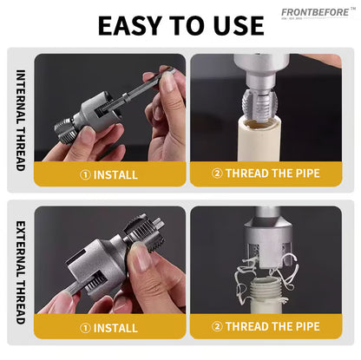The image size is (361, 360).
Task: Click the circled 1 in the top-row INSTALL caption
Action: pyautogui.click(x=85, y=174)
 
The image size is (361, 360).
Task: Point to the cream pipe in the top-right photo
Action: pyautogui.click(x=261, y=139)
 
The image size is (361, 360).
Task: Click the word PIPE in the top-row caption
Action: pyautogui.click(x=304, y=173)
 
